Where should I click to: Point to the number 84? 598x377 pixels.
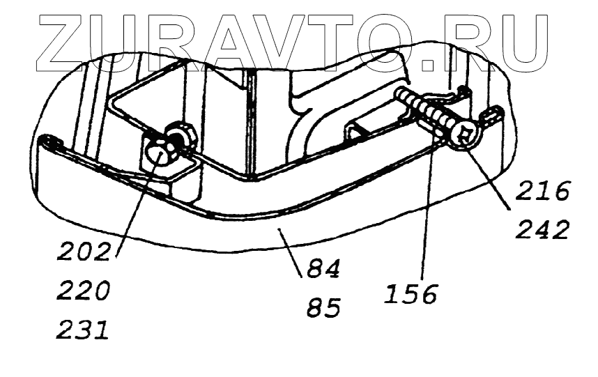(x=321, y=270)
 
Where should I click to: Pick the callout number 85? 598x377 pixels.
(x=321, y=307)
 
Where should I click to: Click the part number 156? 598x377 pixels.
(x=410, y=292)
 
